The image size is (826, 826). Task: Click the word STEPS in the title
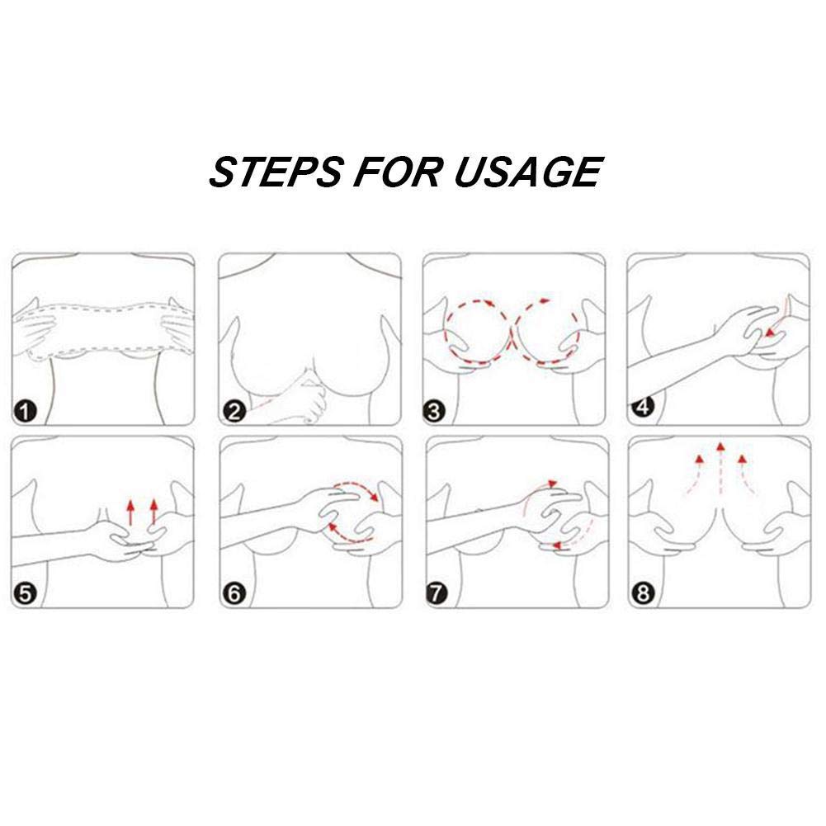point(275,172)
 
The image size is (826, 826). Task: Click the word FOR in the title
point(397,172)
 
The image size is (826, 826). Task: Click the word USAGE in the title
point(527,172)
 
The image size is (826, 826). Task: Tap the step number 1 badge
point(26,411)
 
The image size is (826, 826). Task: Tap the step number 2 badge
point(234,411)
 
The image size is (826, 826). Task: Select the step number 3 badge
point(434,411)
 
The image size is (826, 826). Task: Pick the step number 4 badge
point(643,407)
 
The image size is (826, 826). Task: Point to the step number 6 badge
point(234,594)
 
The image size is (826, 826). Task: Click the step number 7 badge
point(437,594)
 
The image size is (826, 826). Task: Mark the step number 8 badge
point(643,594)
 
